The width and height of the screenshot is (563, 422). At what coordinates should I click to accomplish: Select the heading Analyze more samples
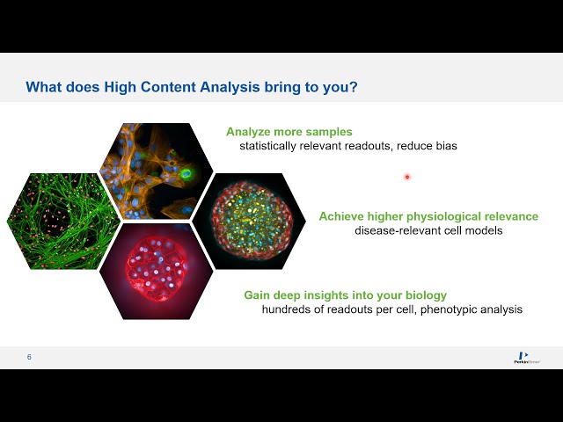[x=289, y=132]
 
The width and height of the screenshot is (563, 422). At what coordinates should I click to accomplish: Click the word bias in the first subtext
[x=444, y=146]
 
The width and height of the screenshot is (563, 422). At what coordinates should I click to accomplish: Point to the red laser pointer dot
[x=407, y=177]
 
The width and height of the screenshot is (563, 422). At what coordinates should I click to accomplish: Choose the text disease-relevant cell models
[x=428, y=230]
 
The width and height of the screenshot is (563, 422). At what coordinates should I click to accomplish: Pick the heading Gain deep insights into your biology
[x=345, y=295]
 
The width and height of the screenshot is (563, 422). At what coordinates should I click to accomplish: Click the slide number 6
[x=29, y=357]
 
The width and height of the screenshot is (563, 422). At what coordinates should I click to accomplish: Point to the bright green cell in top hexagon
[x=187, y=174]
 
